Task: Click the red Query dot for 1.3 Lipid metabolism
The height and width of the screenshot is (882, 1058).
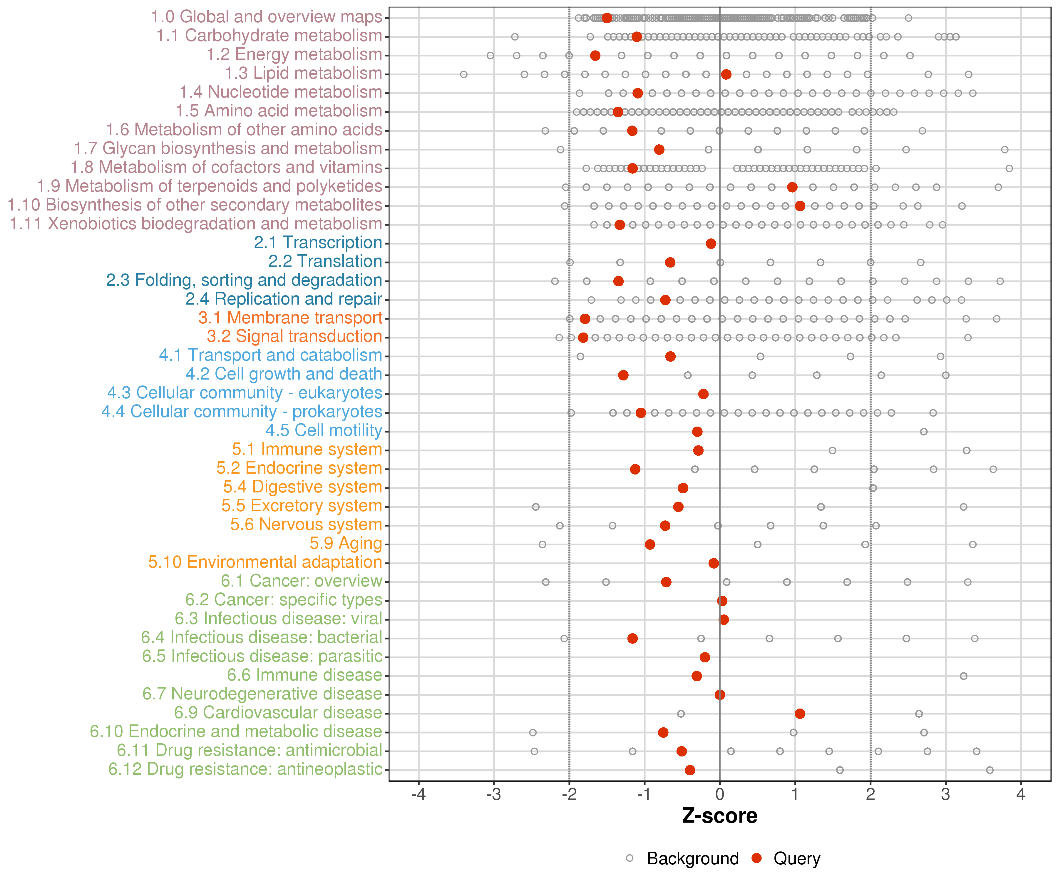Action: [x=726, y=75]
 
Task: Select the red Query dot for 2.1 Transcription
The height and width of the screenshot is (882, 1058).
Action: [x=711, y=244]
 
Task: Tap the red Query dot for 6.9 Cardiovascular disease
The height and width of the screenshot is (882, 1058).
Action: [x=800, y=714]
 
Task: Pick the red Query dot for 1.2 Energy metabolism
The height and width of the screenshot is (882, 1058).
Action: [x=595, y=56]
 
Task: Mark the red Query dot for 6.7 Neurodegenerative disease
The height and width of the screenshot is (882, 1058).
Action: [x=720, y=695]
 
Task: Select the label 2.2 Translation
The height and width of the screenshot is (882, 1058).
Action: [x=325, y=262]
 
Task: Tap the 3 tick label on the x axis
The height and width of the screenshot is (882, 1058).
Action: [x=946, y=795]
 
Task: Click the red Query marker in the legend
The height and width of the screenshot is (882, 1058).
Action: [x=756, y=858]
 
